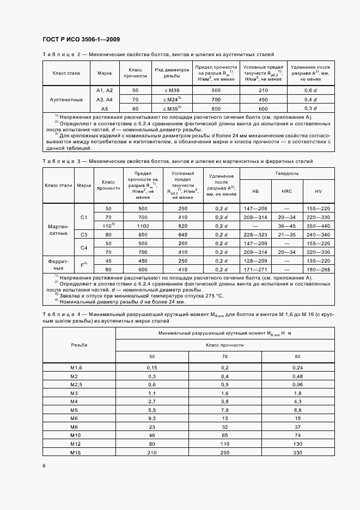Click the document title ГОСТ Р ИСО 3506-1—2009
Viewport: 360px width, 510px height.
[81, 39]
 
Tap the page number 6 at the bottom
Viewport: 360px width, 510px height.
[44, 465]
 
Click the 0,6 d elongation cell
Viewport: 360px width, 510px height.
[311, 90]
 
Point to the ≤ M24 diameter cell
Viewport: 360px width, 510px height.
[171, 99]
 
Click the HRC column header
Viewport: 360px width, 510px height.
[286, 191]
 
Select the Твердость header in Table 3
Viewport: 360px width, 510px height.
[286, 173]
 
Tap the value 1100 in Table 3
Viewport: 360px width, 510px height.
[143, 226]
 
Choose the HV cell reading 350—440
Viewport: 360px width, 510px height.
[319, 226]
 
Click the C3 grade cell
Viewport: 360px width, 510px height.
[84, 234]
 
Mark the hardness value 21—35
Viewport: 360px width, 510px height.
[286, 234]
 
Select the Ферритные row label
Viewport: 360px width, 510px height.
[58, 265]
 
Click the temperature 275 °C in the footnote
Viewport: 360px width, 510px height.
[211, 295]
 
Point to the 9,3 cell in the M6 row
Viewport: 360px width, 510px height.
[152, 418]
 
